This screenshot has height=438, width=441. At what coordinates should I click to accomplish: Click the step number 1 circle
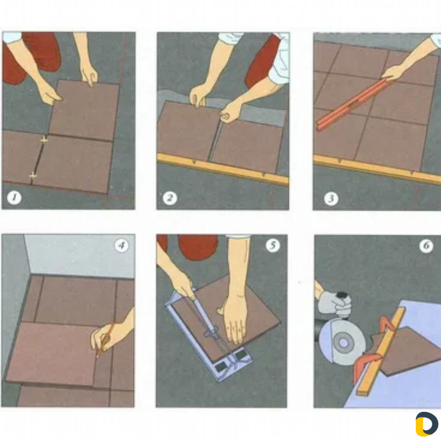(x=14, y=198)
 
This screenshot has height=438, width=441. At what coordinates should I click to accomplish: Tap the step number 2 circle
(x=169, y=198)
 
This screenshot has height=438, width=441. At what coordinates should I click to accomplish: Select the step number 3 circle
(x=331, y=199)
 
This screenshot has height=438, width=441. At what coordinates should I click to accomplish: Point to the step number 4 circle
(x=122, y=246)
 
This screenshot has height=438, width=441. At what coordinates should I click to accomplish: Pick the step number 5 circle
(x=273, y=246)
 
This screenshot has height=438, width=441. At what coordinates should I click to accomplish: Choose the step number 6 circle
(x=426, y=246)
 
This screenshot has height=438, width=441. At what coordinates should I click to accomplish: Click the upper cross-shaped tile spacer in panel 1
(x=44, y=139)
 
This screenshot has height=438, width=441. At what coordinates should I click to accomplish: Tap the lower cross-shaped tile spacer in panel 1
(x=33, y=176)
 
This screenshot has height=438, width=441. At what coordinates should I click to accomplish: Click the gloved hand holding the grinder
(x=335, y=302)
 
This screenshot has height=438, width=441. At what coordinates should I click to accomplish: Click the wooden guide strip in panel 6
(x=382, y=351)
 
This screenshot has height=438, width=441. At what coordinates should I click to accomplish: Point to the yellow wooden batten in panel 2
(x=223, y=169)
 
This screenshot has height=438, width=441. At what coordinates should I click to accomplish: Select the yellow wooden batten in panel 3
(x=377, y=169)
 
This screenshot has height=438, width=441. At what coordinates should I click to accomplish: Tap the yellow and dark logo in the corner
(x=426, y=425)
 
